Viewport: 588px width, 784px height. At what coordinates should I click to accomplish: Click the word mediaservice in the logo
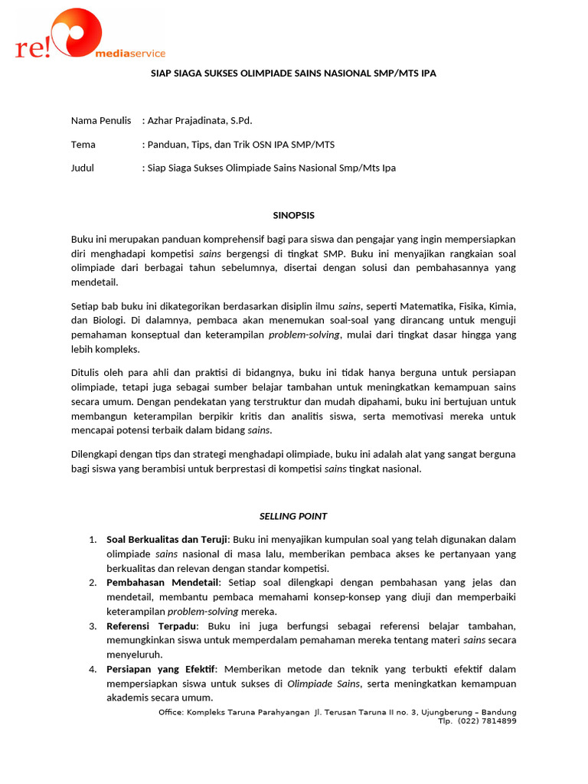[129, 54]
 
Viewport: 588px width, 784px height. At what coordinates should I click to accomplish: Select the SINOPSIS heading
[294, 216]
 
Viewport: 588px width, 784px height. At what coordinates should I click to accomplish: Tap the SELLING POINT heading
[294, 516]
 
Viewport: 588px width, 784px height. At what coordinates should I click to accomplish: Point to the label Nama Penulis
[101, 121]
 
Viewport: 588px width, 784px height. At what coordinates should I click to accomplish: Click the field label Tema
[83, 145]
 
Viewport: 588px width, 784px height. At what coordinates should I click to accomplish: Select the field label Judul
[83, 168]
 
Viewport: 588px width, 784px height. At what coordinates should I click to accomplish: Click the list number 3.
[93, 626]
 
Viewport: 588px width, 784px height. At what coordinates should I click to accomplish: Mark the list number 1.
[93, 540]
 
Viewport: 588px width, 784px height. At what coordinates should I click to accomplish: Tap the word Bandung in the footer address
[498, 711]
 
